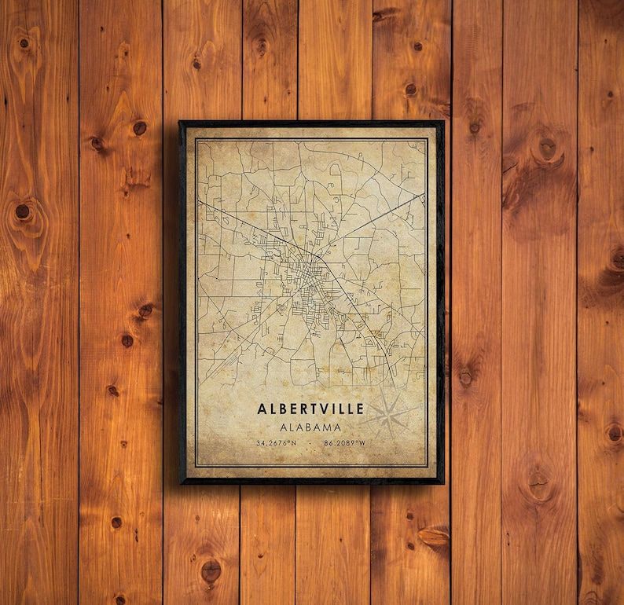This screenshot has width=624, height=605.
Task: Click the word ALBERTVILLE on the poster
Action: pyautogui.click(x=310, y=409)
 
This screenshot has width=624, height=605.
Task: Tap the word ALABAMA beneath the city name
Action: pyautogui.click(x=310, y=427)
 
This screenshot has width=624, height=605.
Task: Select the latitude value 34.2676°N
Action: pyautogui.click(x=276, y=443)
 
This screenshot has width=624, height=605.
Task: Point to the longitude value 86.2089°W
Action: pyautogui.click(x=345, y=443)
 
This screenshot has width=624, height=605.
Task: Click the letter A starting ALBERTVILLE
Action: pyautogui.click(x=261, y=409)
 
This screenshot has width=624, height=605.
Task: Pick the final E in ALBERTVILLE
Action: pyautogui.click(x=360, y=409)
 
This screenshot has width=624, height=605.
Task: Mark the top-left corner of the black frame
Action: pyautogui.click(x=181, y=123)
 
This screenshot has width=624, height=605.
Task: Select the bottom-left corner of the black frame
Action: pyautogui.click(x=181, y=482)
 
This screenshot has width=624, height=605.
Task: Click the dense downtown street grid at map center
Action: pyautogui.click(x=303, y=279)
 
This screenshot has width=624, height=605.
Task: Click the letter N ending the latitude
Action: pyautogui.click(x=294, y=443)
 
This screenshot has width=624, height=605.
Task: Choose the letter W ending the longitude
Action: pyautogui.click(x=363, y=443)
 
